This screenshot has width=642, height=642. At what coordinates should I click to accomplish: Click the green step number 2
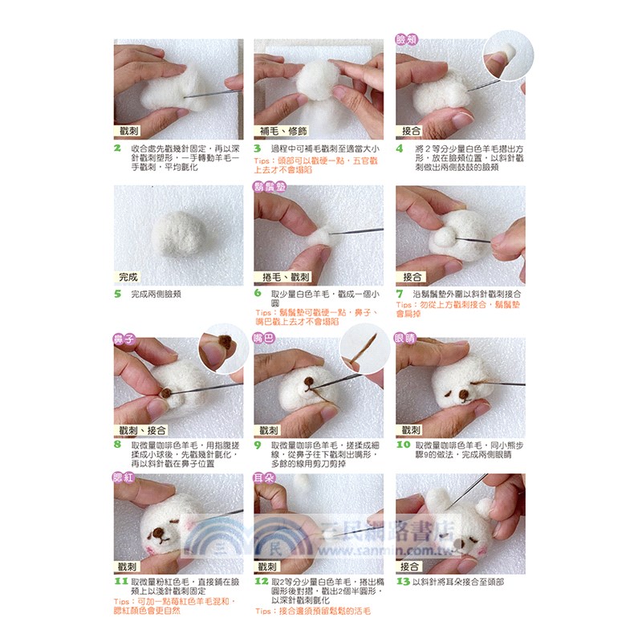click(x=118, y=148)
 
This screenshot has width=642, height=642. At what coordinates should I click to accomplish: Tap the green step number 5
click(x=118, y=294)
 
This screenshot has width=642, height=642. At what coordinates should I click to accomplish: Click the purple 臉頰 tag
click(x=407, y=39)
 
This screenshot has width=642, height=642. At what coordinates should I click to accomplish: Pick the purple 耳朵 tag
click(x=264, y=478)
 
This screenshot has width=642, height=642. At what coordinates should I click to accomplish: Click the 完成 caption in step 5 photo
click(x=128, y=277)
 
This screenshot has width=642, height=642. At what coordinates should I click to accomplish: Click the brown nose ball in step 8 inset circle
click(x=224, y=340)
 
